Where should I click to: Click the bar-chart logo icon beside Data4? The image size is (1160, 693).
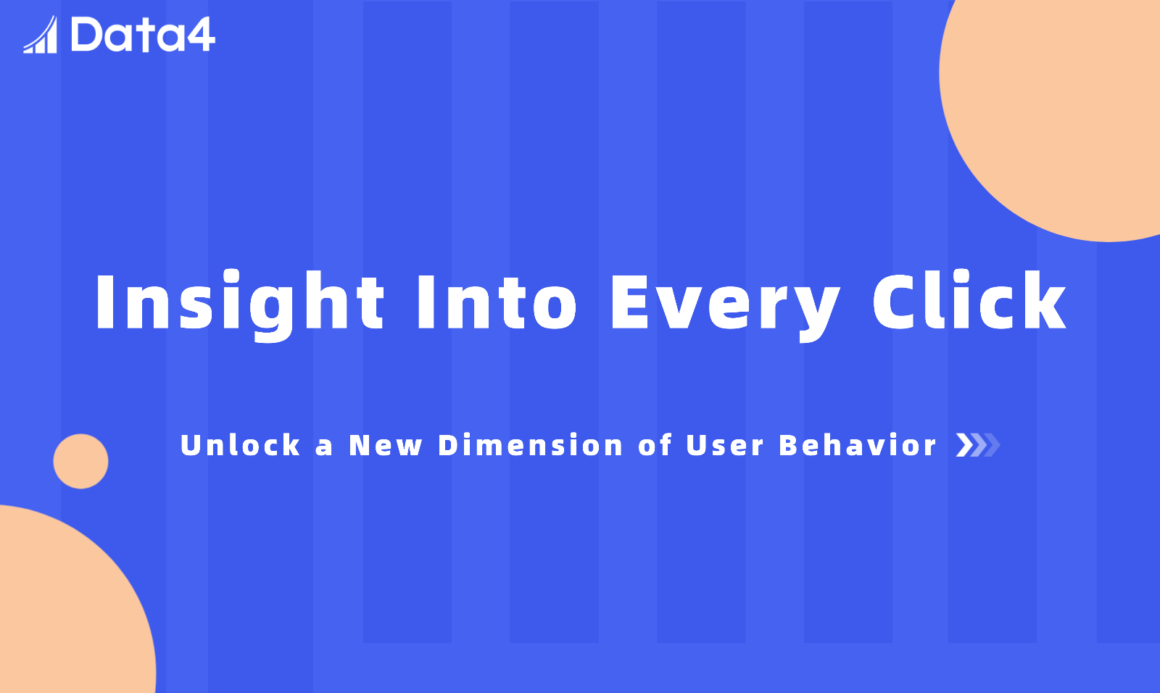click(x=41, y=35)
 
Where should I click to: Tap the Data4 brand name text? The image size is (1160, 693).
click(x=143, y=35)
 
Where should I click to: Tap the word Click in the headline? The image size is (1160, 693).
click(x=969, y=300)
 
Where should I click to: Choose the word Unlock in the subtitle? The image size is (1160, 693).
click(x=240, y=445)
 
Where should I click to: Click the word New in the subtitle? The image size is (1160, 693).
click(x=386, y=445)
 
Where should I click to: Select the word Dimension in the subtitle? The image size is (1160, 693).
click(x=530, y=445)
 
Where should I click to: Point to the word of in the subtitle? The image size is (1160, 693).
click(x=655, y=445)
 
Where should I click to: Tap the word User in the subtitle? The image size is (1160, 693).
click(x=724, y=445)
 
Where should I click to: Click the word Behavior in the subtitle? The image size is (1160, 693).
click(x=858, y=445)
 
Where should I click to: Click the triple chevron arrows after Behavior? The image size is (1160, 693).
click(x=978, y=445)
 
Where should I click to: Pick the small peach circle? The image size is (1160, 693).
click(x=80, y=461)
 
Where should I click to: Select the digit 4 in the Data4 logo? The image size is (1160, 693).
click(x=200, y=36)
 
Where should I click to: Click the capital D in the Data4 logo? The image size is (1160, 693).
click(x=88, y=35)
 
